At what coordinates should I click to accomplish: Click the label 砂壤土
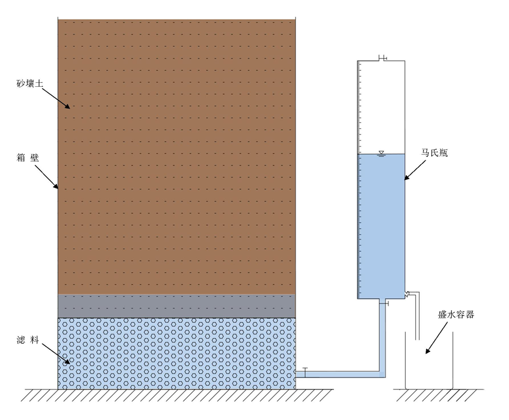(29, 83)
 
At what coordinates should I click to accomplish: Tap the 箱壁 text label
(28, 158)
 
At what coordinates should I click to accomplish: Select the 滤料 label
(28, 340)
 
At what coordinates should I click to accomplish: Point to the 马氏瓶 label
(434, 153)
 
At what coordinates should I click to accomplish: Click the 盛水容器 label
(456, 314)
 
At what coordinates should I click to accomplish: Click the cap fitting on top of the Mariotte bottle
(383, 58)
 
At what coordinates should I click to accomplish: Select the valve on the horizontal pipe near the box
(305, 372)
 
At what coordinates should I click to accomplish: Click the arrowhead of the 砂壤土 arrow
(68, 106)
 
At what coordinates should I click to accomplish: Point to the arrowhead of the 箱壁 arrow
(56, 186)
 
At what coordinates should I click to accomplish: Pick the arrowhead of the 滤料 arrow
(68, 361)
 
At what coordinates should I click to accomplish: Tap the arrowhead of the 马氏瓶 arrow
(407, 177)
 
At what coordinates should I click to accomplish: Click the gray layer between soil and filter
(176, 306)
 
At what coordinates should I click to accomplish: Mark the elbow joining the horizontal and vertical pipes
(383, 374)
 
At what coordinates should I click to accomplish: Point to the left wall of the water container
(405, 360)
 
